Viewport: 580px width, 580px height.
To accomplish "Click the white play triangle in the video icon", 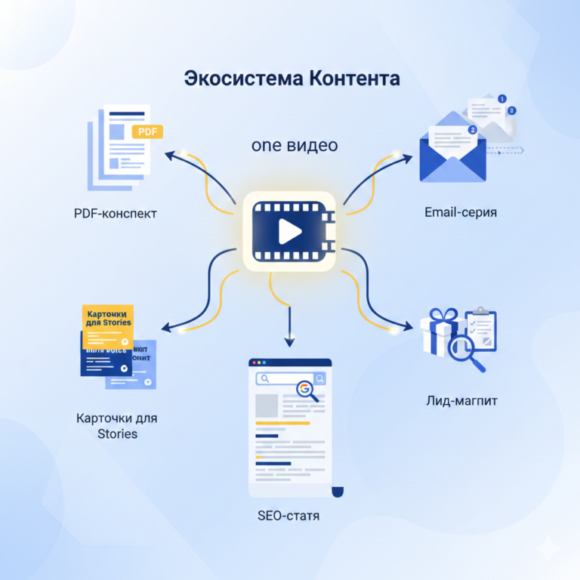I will point(289,231).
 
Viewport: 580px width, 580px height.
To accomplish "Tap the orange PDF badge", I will point(147,132).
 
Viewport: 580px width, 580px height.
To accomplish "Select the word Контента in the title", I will point(354,79).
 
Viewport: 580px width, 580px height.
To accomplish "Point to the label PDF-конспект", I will point(116,213).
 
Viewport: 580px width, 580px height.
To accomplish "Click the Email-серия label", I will point(461,211).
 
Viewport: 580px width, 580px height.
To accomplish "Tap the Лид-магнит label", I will point(461,400).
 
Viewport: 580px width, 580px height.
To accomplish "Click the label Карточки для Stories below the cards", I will point(117,425).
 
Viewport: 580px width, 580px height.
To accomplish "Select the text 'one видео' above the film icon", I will point(295,145).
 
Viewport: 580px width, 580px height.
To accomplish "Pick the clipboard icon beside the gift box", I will point(480,326).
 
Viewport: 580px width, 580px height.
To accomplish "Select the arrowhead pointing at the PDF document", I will point(170,154).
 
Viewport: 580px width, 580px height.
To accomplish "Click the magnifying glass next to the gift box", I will point(464,350).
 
